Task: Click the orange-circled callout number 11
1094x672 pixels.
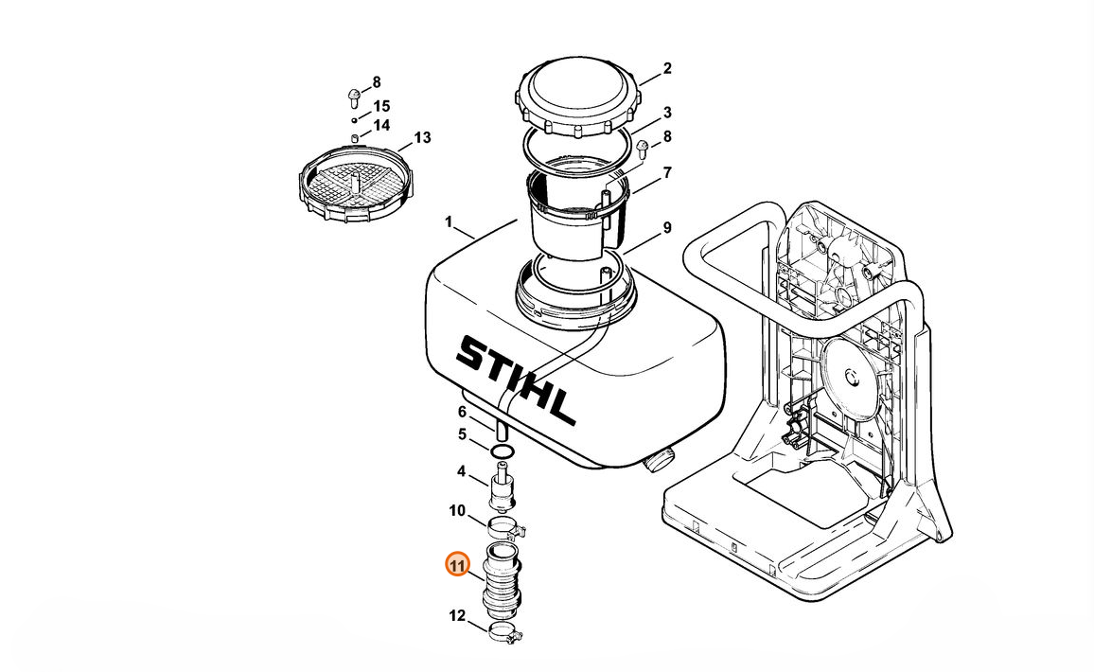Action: pos(456,564)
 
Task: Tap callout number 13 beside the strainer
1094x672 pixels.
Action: pos(422,137)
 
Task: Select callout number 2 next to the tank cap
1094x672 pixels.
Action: pos(667,68)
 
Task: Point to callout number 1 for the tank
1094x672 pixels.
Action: pos(449,222)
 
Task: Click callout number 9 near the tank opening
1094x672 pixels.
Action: pos(667,228)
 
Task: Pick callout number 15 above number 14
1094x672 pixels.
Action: pos(381,106)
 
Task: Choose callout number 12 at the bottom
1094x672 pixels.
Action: pos(456,615)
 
